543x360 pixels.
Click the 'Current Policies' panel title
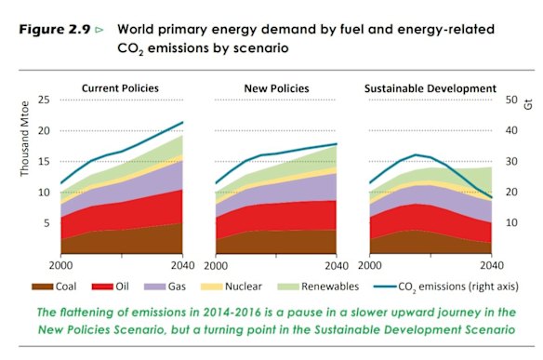tap(119, 87)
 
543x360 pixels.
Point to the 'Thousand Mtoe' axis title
tap(24, 149)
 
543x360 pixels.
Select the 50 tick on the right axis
tap(510, 100)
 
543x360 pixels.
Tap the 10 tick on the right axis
tap(510, 223)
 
